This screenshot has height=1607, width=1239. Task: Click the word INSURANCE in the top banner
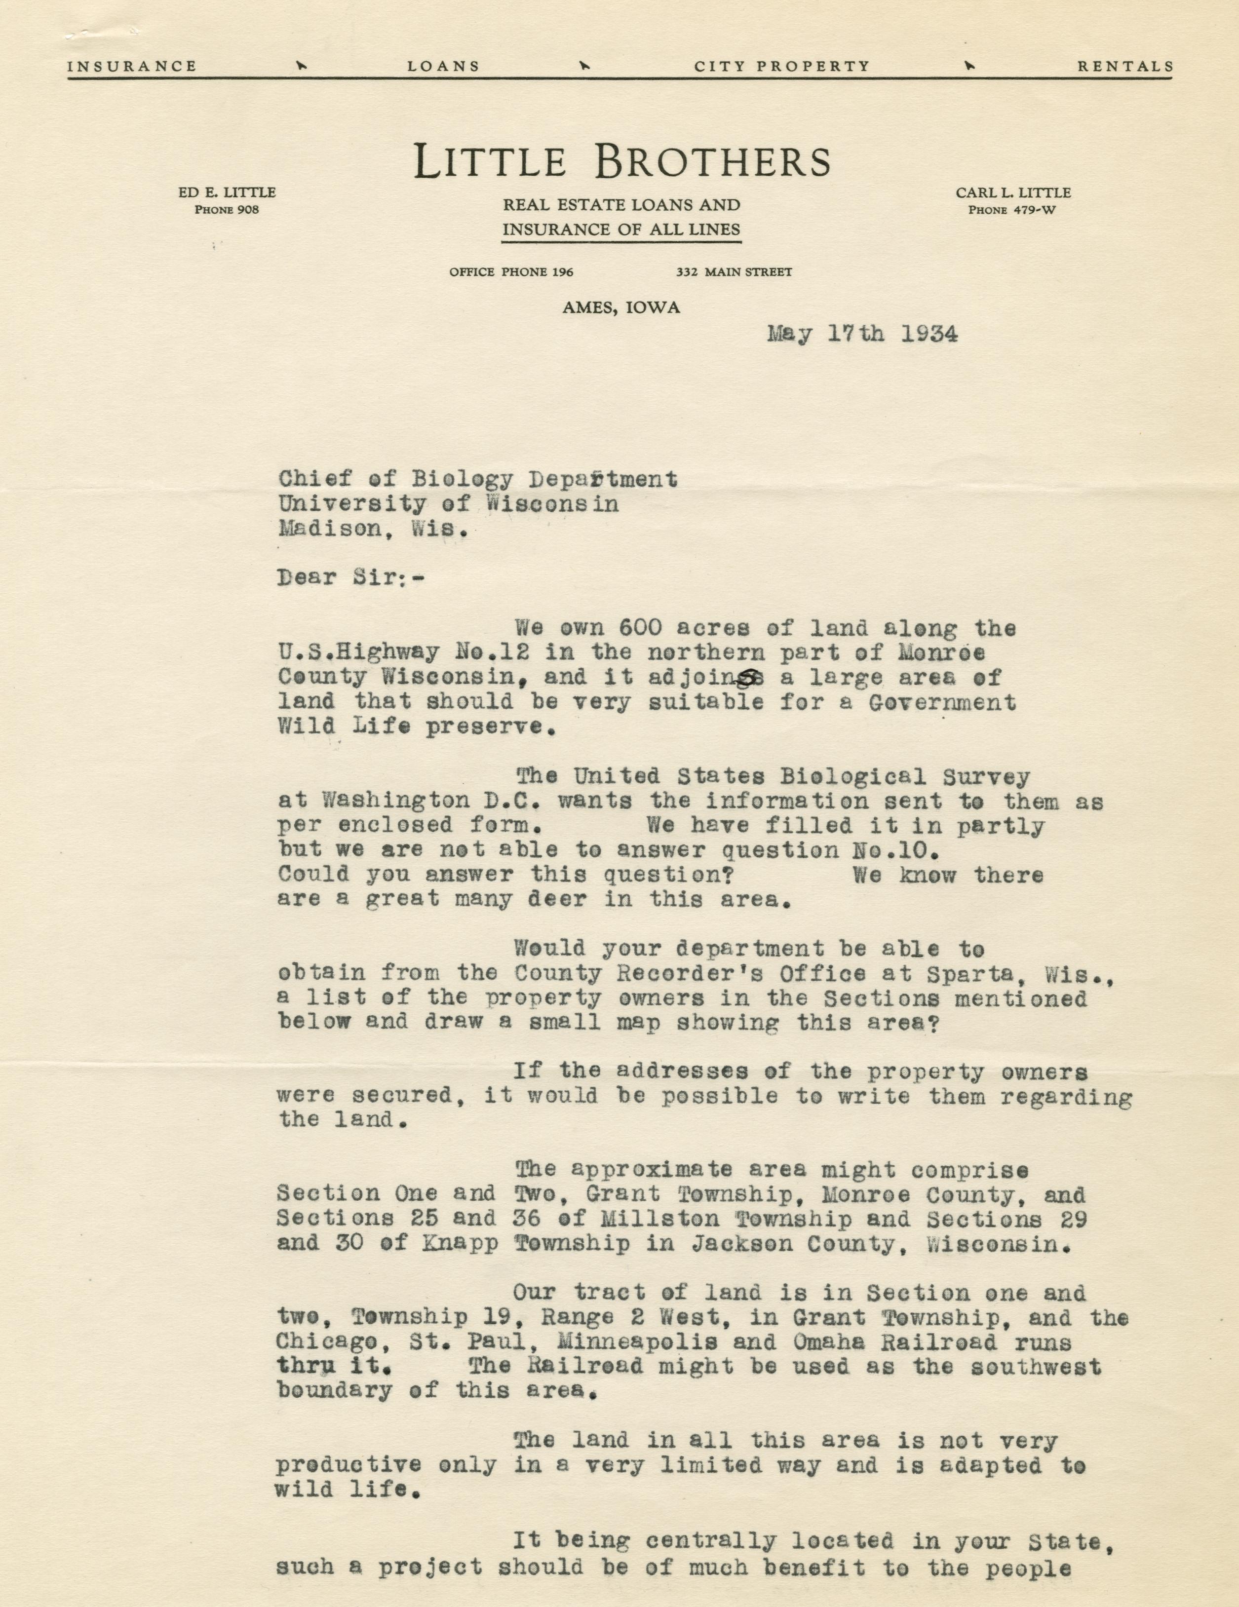pos(132,66)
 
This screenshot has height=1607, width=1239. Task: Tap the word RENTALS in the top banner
pos(1125,66)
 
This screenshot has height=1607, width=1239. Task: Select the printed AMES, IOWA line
pos(621,308)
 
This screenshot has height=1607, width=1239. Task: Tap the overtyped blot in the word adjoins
pos(750,677)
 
